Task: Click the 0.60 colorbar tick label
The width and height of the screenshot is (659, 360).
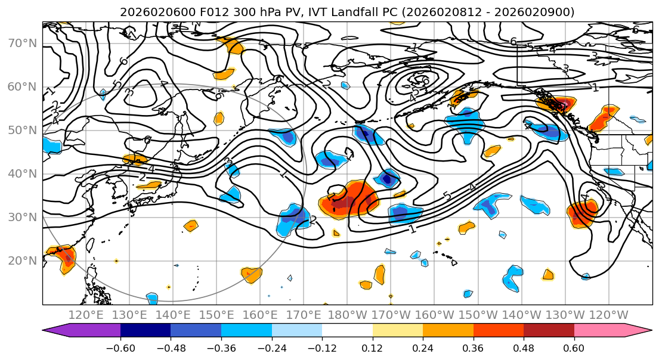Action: tap(574, 347)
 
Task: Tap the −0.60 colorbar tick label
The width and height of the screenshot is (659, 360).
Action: tap(120, 347)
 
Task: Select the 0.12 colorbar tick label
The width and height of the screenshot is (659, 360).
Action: tap(372, 347)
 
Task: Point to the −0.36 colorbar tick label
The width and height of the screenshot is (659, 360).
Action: tap(221, 347)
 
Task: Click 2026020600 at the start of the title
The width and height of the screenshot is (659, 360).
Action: tap(152, 12)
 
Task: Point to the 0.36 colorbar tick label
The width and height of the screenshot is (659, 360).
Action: tap(473, 347)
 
